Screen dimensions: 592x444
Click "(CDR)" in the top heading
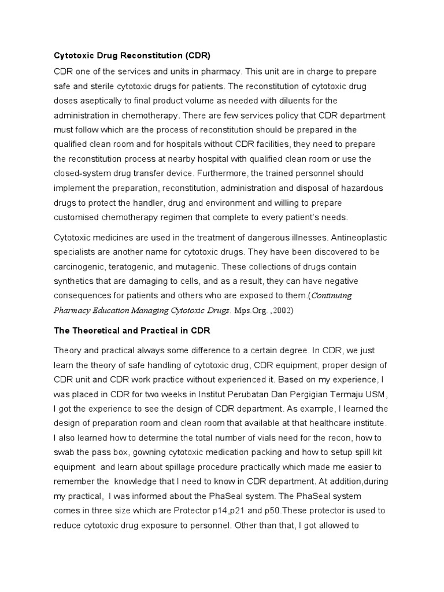(196, 56)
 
